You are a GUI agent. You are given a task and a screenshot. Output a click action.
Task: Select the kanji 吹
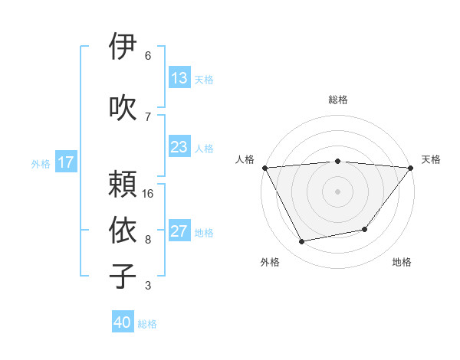(123, 106)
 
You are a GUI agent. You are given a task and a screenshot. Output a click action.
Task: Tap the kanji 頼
(123, 184)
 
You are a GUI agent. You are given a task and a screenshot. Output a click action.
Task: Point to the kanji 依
(123, 230)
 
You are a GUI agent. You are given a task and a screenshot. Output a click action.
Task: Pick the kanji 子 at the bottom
(123, 276)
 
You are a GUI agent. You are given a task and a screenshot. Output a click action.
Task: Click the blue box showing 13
(179, 78)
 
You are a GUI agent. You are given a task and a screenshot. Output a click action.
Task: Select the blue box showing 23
(179, 147)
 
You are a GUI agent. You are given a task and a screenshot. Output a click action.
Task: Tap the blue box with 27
(179, 232)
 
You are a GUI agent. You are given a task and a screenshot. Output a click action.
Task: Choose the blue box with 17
(65, 162)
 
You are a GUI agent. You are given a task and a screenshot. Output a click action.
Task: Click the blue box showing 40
(123, 322)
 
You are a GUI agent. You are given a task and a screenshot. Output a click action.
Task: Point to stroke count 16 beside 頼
(148, 193)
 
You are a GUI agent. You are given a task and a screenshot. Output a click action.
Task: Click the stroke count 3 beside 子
(148, 286)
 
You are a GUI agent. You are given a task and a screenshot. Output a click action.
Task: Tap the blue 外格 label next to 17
(41, 163)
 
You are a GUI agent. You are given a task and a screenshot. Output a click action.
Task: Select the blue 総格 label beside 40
(147, 324)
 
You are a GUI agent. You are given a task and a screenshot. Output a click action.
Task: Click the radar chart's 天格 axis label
(432, 159)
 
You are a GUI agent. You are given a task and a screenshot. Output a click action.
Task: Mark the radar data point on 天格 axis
(412, 167)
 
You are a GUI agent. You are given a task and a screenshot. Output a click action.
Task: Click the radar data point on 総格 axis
(337, 161)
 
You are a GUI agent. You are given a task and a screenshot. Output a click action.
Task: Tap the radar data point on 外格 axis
(301, 242)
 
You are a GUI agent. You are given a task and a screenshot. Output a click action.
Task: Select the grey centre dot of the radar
(337, 191)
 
